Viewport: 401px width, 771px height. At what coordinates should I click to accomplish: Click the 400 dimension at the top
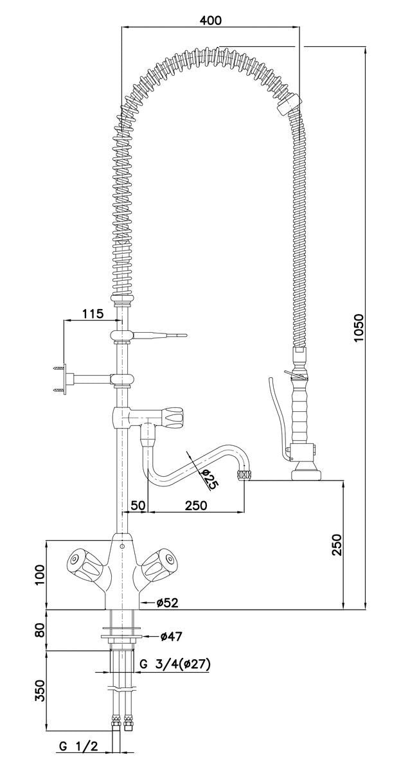pos(210,20)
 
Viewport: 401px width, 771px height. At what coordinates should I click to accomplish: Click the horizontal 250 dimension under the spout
pos(195,505)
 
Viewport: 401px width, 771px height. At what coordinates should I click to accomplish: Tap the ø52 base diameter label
pos(167,602)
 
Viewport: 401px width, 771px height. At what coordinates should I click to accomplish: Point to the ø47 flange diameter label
pos(172,636)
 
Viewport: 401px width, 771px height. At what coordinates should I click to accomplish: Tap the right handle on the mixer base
pos(158,565)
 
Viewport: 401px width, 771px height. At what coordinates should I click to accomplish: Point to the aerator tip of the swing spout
pos(244,476)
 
